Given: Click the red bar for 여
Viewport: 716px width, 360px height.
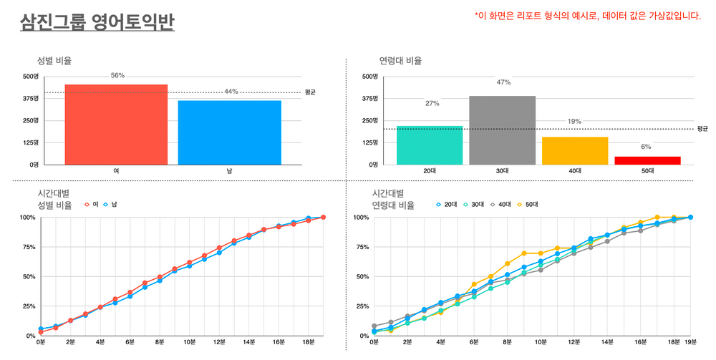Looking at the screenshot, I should (116, 125).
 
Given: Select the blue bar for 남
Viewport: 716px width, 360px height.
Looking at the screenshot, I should (229, 132).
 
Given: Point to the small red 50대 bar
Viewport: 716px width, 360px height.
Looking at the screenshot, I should (647, 160).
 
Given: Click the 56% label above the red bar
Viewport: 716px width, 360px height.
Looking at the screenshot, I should (117, 76).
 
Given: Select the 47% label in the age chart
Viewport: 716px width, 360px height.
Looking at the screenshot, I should (503, 82).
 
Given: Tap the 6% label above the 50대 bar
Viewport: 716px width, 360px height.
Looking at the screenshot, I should (646, 147).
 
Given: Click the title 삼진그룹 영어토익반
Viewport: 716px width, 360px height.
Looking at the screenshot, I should (97, 23).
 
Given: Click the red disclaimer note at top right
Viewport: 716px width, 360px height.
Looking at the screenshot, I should (587, 16).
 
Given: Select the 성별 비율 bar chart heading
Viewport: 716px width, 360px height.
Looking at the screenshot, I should (54, 62).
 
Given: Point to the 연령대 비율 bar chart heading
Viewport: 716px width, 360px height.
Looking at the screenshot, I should (400, 62).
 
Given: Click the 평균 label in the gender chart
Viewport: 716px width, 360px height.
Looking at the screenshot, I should (310, 92).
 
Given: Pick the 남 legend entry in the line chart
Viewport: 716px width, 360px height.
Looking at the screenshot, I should (110, 205).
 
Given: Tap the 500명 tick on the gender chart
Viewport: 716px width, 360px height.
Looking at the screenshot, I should (30, 77).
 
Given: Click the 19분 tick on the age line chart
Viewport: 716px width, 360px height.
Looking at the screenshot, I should (690, 343).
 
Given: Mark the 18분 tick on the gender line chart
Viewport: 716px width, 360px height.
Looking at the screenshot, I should (308, 343).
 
